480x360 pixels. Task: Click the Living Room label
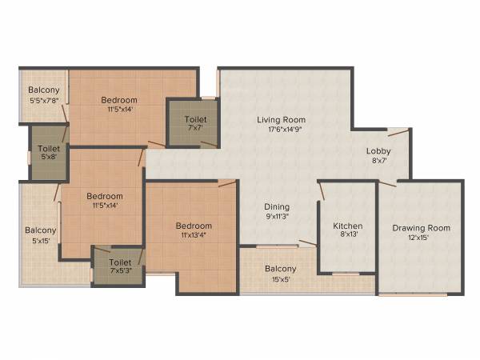click(278, 119)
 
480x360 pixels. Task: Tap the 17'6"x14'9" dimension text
click(278, 129)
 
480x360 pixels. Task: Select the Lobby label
click(378, 151)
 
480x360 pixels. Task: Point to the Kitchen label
click(347, 226)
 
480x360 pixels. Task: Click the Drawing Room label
click(421, 228)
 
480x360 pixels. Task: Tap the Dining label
click(277, 206)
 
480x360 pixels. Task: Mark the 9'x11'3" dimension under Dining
click(277, 216)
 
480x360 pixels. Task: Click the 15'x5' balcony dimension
click(280, 279)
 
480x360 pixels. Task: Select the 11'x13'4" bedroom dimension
click(194, 236)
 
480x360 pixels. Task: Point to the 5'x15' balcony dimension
click(40, 240)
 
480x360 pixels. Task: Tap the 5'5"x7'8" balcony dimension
click(43, 101)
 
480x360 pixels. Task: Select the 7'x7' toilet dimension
click(195, 129)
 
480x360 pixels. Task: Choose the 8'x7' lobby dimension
click(378, 162)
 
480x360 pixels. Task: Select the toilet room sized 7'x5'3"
click(118, 266)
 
